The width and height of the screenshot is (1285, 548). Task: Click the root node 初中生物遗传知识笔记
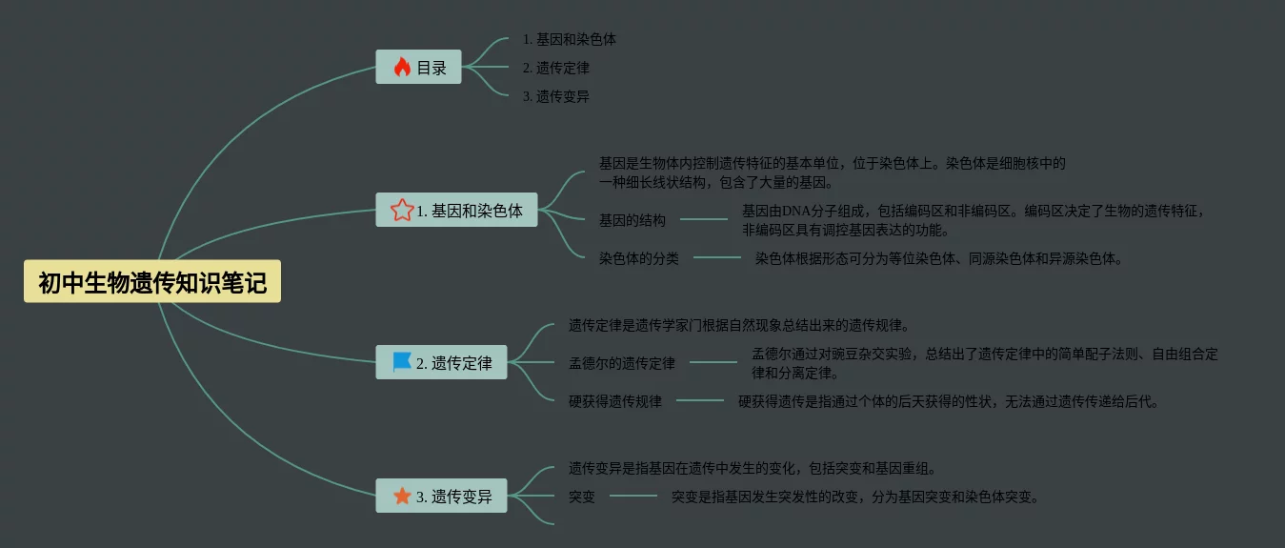[x=152, y=282]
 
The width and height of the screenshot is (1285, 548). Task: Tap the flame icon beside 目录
[x=402, y=67]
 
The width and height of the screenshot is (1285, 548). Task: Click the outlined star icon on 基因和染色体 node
[x=402, y=210]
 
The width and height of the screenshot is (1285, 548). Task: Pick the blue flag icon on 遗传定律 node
[x=402, y=362]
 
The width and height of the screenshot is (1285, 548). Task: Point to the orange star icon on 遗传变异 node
[x=402, y=496]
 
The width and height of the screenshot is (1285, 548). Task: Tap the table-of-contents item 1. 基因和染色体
[x=569, y=39]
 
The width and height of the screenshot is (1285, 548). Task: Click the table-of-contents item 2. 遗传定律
[x=555, y=68]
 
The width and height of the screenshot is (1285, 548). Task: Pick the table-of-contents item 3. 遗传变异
[x=555, y=96]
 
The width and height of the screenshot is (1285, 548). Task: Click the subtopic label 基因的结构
[x=632, y=220]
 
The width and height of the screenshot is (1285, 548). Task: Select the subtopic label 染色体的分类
[x=639, y=258]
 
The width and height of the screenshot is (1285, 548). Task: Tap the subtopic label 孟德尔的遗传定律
[x=622, y=363]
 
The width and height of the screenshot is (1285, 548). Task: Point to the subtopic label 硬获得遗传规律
[x=615, y=401]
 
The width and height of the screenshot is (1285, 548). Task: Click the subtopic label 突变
[x=582, y=497]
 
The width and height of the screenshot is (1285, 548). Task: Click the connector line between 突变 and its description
[x=633, y=496]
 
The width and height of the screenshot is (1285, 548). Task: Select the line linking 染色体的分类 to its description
[x=716, y=257]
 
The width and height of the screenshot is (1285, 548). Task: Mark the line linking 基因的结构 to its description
[x=703, y=219]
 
